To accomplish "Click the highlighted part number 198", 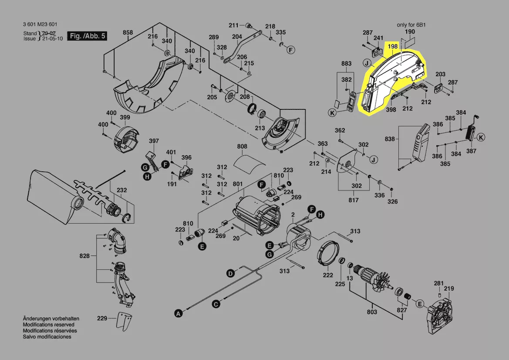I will [x=392, y=46].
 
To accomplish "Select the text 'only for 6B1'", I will [x=411, y=25].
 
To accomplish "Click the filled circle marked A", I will [x=177, y=312].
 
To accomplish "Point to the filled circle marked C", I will [x=216, y=304].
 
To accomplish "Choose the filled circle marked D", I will [x=230, y=273].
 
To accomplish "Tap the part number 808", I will [x=242, y=146].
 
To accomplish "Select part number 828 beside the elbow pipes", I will [x=84, y=256].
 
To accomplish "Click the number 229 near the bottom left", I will [x=102, y=319].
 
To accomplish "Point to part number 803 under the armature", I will [x=372, y=312].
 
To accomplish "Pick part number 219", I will [x=449, y=289].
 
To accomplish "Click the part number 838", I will [x=390, y=139].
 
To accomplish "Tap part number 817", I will [x=354, y=200].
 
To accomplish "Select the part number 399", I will [x=125, y=117].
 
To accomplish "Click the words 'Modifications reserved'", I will [x=48, y=325].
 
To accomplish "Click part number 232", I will [x=122, y=190].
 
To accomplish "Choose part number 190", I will [x=410, y=32].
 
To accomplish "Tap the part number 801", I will [x=237, y=184].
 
